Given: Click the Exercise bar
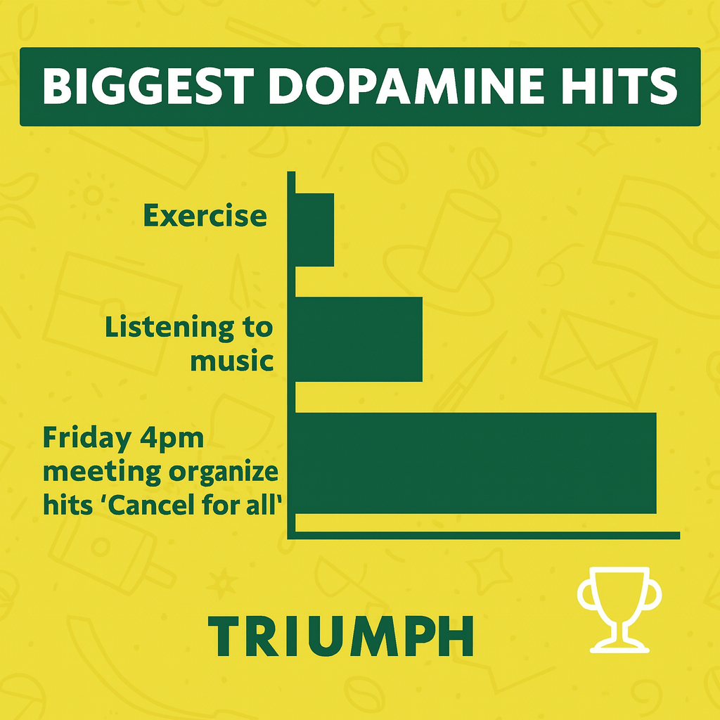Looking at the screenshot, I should (x=314, y=229).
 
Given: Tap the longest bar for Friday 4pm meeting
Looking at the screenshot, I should (x=475, y=463).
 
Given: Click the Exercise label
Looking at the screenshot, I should (x=205, y=216).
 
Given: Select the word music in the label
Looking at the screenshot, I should (x=232, y=361).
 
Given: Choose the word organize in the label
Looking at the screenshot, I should (x=224, y=472).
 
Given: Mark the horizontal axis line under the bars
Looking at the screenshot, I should (x=485, y=536).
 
